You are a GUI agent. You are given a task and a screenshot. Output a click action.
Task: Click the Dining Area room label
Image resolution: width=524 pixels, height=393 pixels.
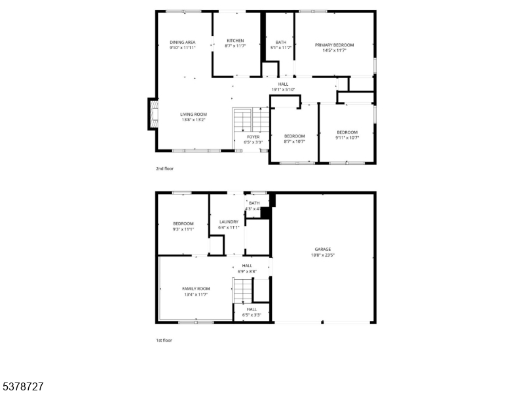coord(183,43)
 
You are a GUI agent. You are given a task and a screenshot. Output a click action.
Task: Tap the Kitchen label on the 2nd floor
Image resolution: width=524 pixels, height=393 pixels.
coord(235,41)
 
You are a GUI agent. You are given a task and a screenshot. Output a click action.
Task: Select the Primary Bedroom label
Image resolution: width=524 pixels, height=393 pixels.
coord(334,45)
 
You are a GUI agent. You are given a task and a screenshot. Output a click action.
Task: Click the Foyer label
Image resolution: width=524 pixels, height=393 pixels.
coord(253,137)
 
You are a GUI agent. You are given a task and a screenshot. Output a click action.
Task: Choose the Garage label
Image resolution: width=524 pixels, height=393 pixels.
coord(322,249)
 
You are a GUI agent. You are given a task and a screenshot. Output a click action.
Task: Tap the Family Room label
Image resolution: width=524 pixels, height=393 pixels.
coord(196,289)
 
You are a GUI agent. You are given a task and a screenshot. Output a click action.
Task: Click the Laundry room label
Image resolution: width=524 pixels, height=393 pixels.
coord(229,222)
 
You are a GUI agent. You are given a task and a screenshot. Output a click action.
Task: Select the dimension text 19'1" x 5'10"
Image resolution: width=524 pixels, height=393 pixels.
coord(283,90)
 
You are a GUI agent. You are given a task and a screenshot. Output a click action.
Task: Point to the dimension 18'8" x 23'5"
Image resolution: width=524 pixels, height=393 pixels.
coord(322,255)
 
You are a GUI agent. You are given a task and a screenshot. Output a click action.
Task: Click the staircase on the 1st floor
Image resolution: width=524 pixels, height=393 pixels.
coord(242,290)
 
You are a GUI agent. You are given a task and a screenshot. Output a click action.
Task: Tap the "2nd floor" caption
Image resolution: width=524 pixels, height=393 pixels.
coord(164,169)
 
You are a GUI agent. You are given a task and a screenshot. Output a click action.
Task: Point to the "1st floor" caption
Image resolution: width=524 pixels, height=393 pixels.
coord(164,340)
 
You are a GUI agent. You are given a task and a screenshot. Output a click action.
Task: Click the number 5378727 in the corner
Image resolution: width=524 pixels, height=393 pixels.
coord(22,386)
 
